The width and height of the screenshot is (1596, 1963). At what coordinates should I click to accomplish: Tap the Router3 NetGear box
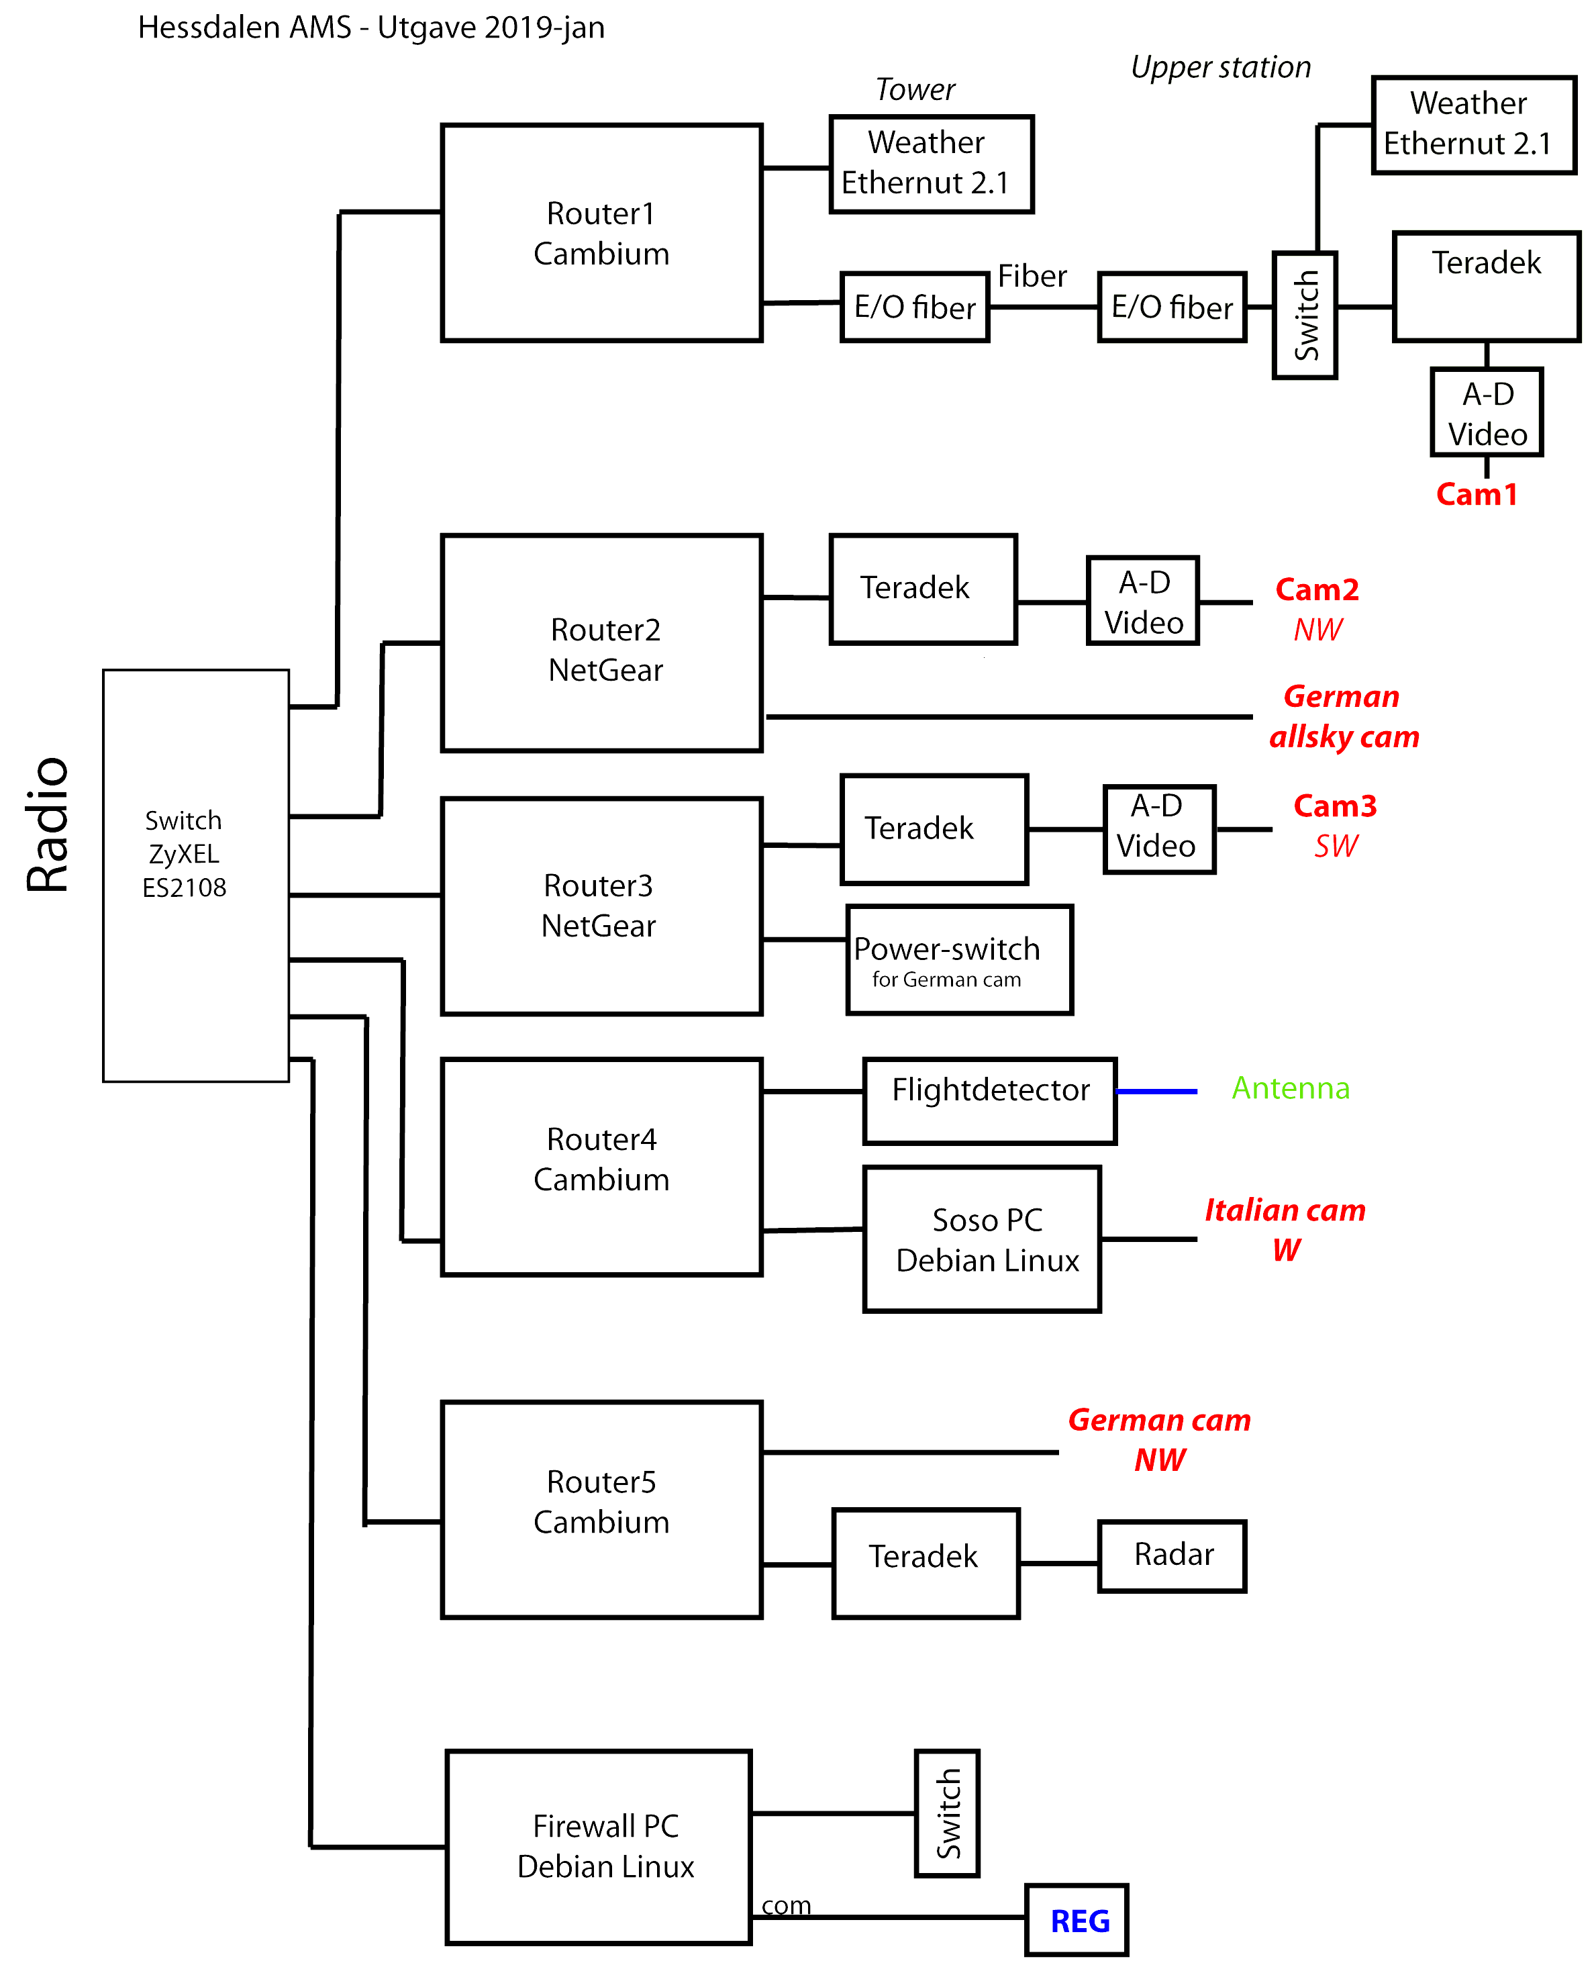coord(601,906)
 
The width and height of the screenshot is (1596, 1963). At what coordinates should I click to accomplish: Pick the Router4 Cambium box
coord(601,1160)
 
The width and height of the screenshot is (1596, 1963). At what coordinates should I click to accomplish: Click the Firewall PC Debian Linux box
coord(601,1846)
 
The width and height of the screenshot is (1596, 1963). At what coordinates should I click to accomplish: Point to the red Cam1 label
coord(1476,495)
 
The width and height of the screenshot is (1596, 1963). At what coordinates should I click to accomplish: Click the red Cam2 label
coord(1317,589)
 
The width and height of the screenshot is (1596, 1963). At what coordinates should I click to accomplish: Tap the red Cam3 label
coord(1335,806)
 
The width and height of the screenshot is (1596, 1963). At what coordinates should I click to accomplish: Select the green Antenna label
coord(1290,1089)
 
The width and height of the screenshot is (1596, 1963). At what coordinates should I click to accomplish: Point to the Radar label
coord(1173,1554)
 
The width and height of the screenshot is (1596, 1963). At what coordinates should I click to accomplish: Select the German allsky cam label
coord(1343,716)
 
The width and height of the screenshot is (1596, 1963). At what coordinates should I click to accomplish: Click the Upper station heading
coord(1220,67)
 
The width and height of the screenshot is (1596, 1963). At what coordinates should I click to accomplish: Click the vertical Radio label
coord(48,823)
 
